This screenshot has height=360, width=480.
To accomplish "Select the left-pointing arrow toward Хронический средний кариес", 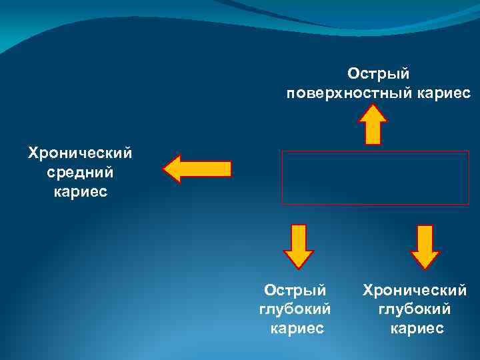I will (x=197, y=169).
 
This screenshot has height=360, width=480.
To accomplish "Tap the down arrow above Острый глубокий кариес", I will (x=298, y=246).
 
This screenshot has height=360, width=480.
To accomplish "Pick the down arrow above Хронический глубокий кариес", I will (x=425, y=246).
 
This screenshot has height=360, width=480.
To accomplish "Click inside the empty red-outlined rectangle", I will (x=375, y=177).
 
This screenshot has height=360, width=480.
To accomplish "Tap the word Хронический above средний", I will (x=80, y=153).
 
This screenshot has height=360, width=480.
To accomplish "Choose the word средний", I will (x=80, y=173).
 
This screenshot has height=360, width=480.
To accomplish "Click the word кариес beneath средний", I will (x=79, y=193).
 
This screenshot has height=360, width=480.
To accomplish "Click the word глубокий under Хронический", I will (x=415, y=309).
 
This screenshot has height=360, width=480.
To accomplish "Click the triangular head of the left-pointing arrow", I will (x=175, y=169).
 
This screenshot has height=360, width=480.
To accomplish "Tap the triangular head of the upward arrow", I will (x=373, y=115).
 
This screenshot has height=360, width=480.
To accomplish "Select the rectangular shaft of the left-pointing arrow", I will (x=210, y=169).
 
